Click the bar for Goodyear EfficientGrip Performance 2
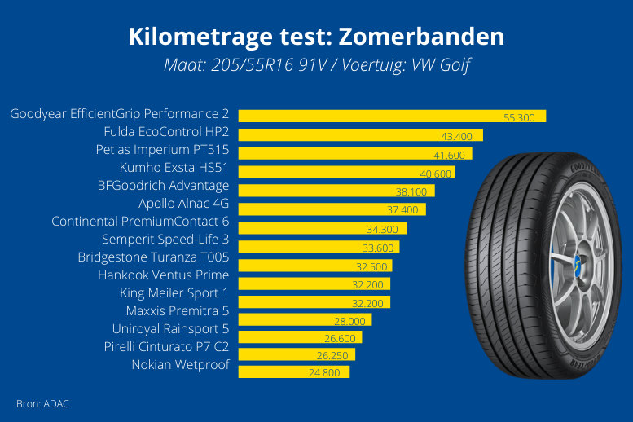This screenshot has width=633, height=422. (391, 116)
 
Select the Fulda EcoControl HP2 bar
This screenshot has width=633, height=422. (360, 134)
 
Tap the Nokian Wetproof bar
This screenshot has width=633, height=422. (293, 372)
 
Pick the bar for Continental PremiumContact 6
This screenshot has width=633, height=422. (322, 228)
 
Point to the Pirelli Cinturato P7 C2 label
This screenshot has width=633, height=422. (166, 346)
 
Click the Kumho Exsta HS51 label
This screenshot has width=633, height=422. (174, 168)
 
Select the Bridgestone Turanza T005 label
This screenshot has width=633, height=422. (153, 257)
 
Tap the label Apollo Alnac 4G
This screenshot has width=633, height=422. (183, 203)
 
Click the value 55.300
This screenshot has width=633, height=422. (519, 118)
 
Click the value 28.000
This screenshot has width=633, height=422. (349, 320)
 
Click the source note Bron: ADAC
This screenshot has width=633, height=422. (42, 403)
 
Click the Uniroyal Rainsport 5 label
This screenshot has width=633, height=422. (170, 328)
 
